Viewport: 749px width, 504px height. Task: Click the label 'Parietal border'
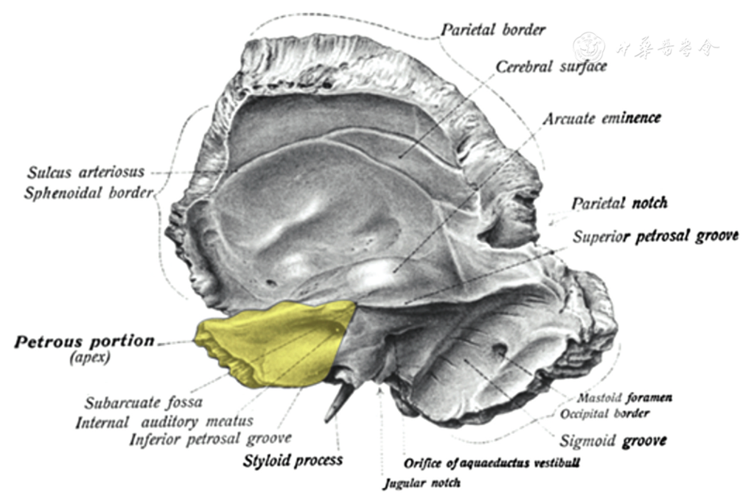tap(492, 30)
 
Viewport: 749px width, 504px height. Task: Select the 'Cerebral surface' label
tap(551, 67)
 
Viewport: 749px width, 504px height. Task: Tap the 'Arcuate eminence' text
tap(601, 118)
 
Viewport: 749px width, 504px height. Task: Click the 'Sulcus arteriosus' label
tap(85, 171)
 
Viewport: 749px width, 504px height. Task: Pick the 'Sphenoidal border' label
tap(88, 193)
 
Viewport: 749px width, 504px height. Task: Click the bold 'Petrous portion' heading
tap(84, 341)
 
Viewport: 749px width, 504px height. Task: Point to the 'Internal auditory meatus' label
tap(164, 421)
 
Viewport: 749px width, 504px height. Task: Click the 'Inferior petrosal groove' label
tap(210, 439)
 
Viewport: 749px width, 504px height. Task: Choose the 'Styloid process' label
tap(292, 461)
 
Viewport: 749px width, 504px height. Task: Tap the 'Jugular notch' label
tap(420, 483)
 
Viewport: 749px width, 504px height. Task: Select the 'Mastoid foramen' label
tap(625, 398)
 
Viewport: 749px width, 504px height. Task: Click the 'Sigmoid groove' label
tap(613, 441)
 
